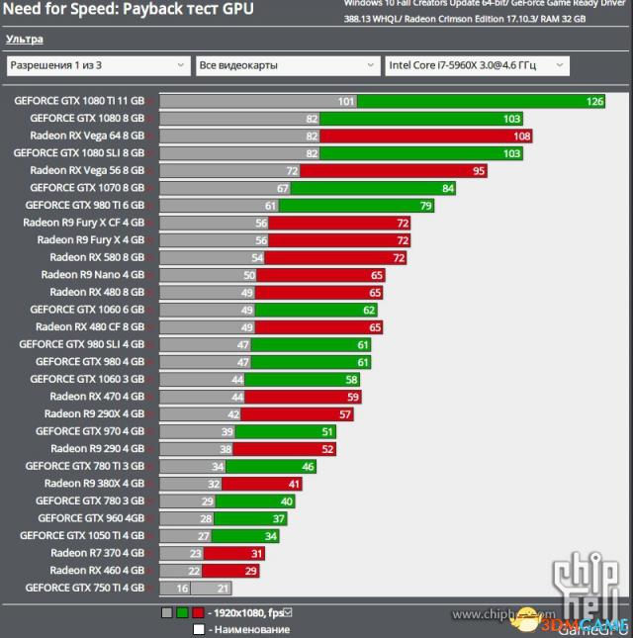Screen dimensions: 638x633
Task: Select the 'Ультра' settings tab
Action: point(24,40)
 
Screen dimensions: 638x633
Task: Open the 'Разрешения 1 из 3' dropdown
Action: point(97,65)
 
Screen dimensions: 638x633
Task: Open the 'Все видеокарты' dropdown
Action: point(286,65)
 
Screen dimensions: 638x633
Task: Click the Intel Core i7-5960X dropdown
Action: point(476,65)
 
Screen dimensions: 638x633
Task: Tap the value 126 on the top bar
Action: point(594,101)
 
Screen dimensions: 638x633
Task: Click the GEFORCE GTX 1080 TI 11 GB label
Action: point(79,101)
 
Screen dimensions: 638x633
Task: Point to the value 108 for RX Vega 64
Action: point(523,136)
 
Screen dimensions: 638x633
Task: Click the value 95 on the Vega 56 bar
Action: point(479,170)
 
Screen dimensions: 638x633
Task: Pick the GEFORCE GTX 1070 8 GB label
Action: point(87,187)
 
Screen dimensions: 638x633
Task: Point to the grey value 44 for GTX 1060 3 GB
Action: point(236,379)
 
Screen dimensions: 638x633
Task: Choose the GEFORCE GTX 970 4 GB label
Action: point(90,431)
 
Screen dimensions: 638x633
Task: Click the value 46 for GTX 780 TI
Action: point(307,466)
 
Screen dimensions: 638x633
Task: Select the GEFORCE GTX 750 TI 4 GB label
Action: point(85,588)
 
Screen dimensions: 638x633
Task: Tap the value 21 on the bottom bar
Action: point(223,588)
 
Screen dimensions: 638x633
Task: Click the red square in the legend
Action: point(198,613)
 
